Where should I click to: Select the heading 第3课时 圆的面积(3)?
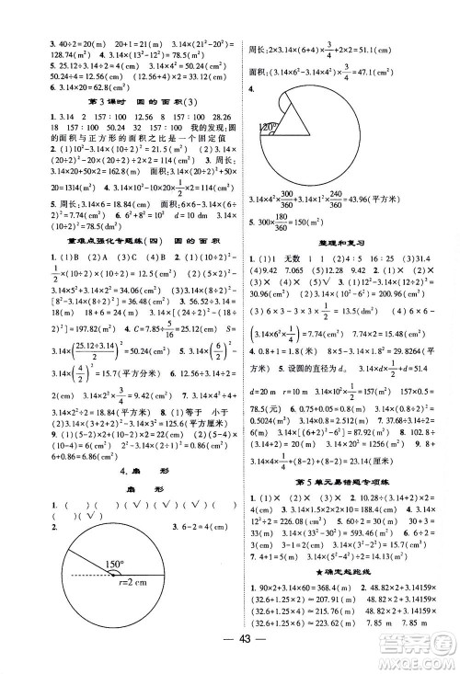coord(115,98)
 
